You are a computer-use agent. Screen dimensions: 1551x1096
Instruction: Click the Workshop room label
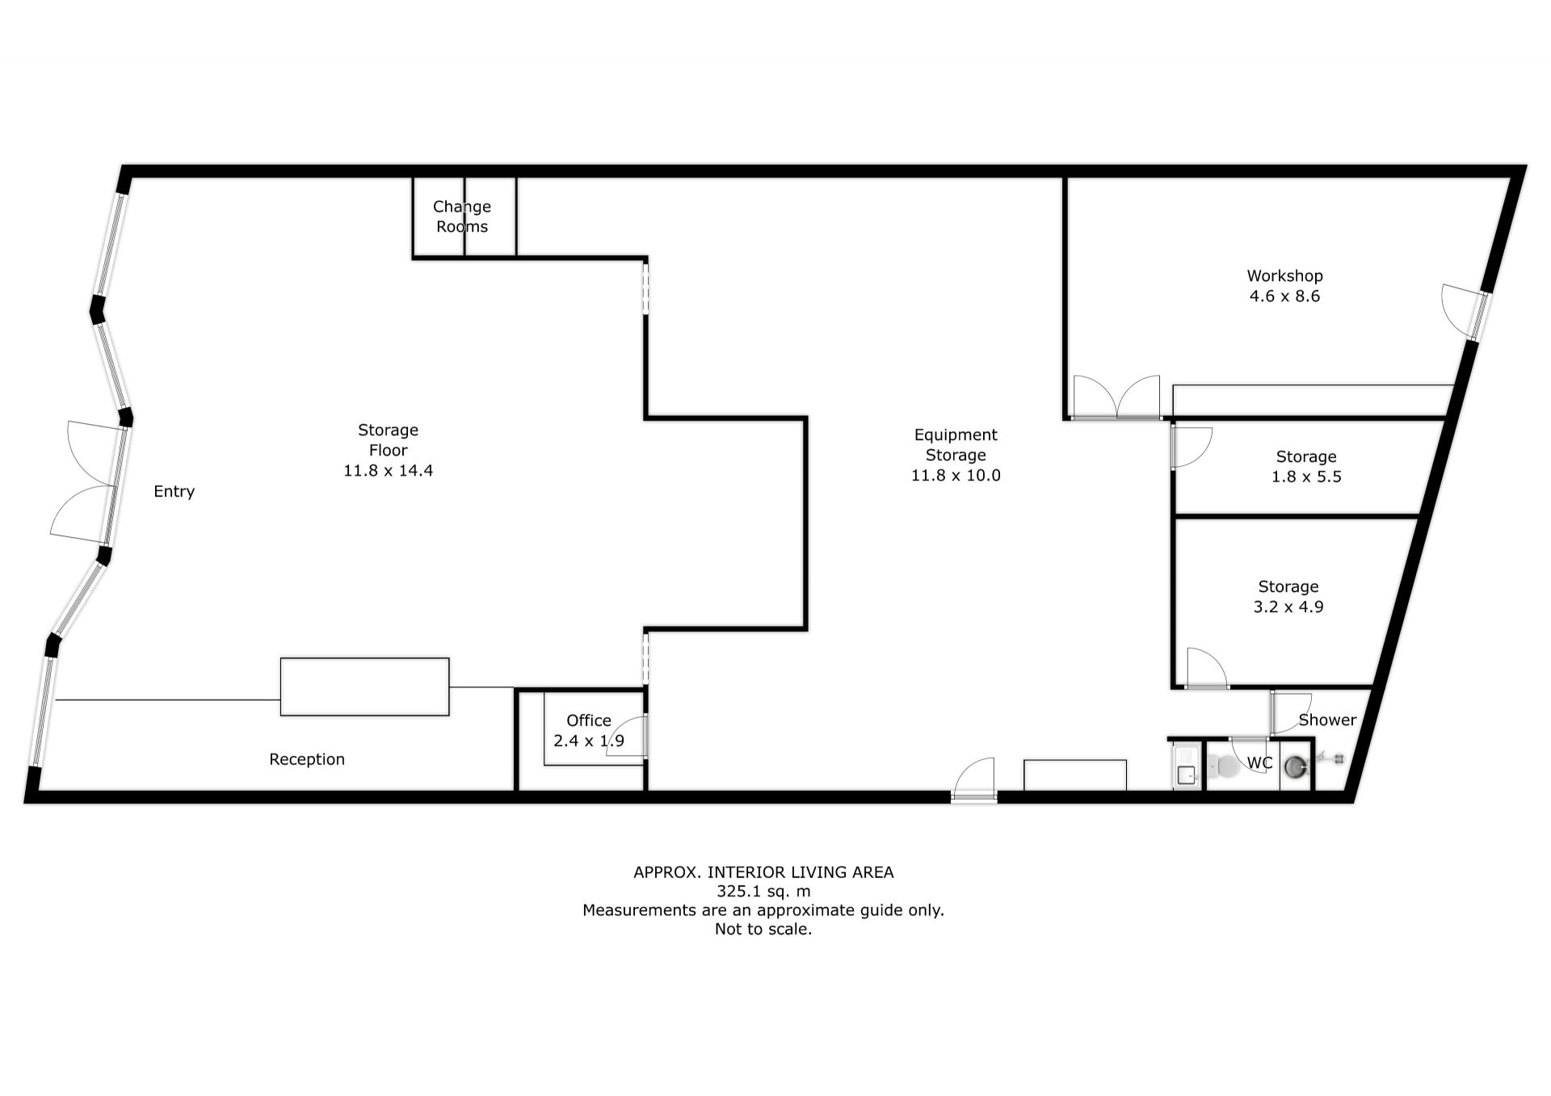(1284, 276)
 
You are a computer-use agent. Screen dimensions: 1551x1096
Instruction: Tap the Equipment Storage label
(956, 445)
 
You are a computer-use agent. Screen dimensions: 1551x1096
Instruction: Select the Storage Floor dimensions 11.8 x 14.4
(388, 471)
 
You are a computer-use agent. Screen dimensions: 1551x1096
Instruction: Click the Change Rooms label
(462, 216)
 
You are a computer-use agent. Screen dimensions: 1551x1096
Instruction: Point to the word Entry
(174, 492)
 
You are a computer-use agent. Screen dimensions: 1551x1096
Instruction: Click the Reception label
(307, 759)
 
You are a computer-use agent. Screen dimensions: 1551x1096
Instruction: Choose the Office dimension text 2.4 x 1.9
(589, 741)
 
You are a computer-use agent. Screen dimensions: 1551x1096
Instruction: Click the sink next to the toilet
(1186, 766)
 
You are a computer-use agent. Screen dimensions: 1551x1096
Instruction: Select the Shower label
(1327, 720)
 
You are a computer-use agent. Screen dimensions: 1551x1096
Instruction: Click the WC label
(1260, 763)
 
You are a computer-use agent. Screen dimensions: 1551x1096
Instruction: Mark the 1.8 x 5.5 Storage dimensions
(1306, 477)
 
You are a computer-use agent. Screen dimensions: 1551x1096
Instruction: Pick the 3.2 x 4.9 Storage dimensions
(1288, 607)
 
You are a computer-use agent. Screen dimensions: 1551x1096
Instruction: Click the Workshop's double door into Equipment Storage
(1116, 399)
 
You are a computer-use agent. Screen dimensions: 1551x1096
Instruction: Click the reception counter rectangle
(364, 687)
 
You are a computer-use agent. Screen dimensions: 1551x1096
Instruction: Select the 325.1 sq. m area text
(763, 892)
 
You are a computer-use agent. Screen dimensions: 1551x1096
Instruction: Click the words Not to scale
(763, 930)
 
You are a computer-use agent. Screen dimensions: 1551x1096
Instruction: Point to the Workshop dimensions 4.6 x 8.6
(1284, 296)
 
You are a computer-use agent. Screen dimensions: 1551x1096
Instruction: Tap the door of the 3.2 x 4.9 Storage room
(1207, 669)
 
